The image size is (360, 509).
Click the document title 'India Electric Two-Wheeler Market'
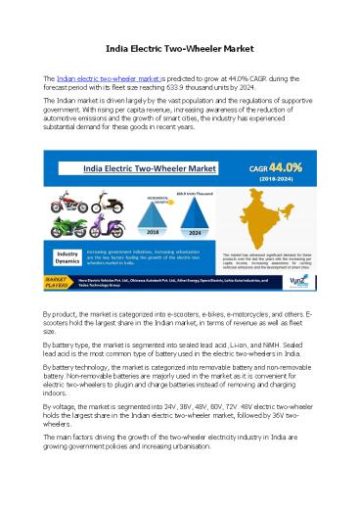180,48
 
